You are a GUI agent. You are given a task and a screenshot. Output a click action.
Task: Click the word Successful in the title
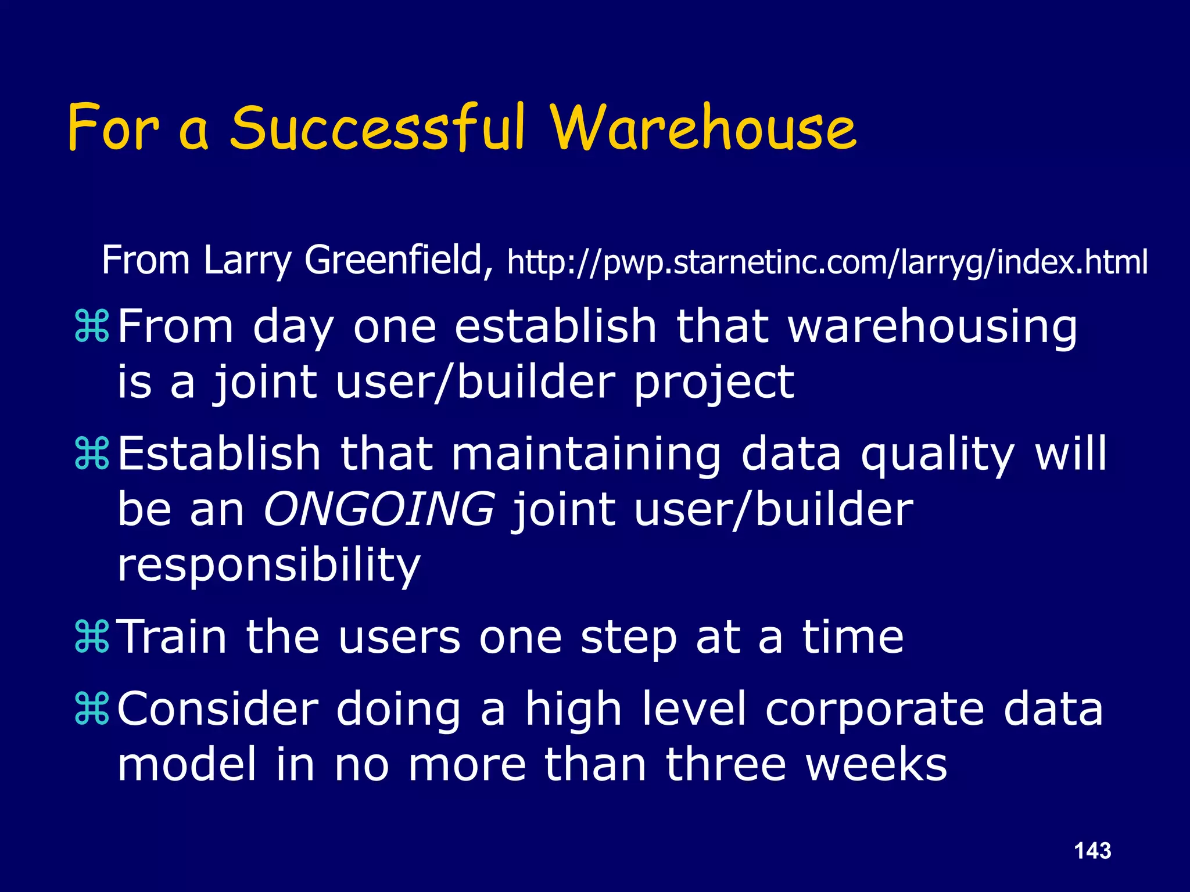click(x=377, y=128)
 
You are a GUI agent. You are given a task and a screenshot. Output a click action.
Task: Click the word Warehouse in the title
click(x=704, y=128)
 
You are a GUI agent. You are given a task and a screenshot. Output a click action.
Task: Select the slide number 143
click(x=1092, y=851)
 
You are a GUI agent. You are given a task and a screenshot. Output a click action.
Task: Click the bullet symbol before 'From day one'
click(x=92, y=327)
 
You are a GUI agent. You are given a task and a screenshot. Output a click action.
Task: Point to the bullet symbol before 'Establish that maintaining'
click(x=92, y=454)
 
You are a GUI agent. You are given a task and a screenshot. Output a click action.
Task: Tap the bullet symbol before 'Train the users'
click(x=92, y=637)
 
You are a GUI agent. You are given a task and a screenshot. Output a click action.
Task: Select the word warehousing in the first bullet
click(x=933, y=327)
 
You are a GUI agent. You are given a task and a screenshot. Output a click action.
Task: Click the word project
click(x=714, y=383)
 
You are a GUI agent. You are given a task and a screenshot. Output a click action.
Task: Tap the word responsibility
click(x=268, y=565)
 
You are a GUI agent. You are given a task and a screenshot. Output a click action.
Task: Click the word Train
click(x=173, y=637)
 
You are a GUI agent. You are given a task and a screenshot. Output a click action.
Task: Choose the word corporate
click(x=874, y=710)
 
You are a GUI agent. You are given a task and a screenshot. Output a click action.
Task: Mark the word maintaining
click(x=586, y=454)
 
